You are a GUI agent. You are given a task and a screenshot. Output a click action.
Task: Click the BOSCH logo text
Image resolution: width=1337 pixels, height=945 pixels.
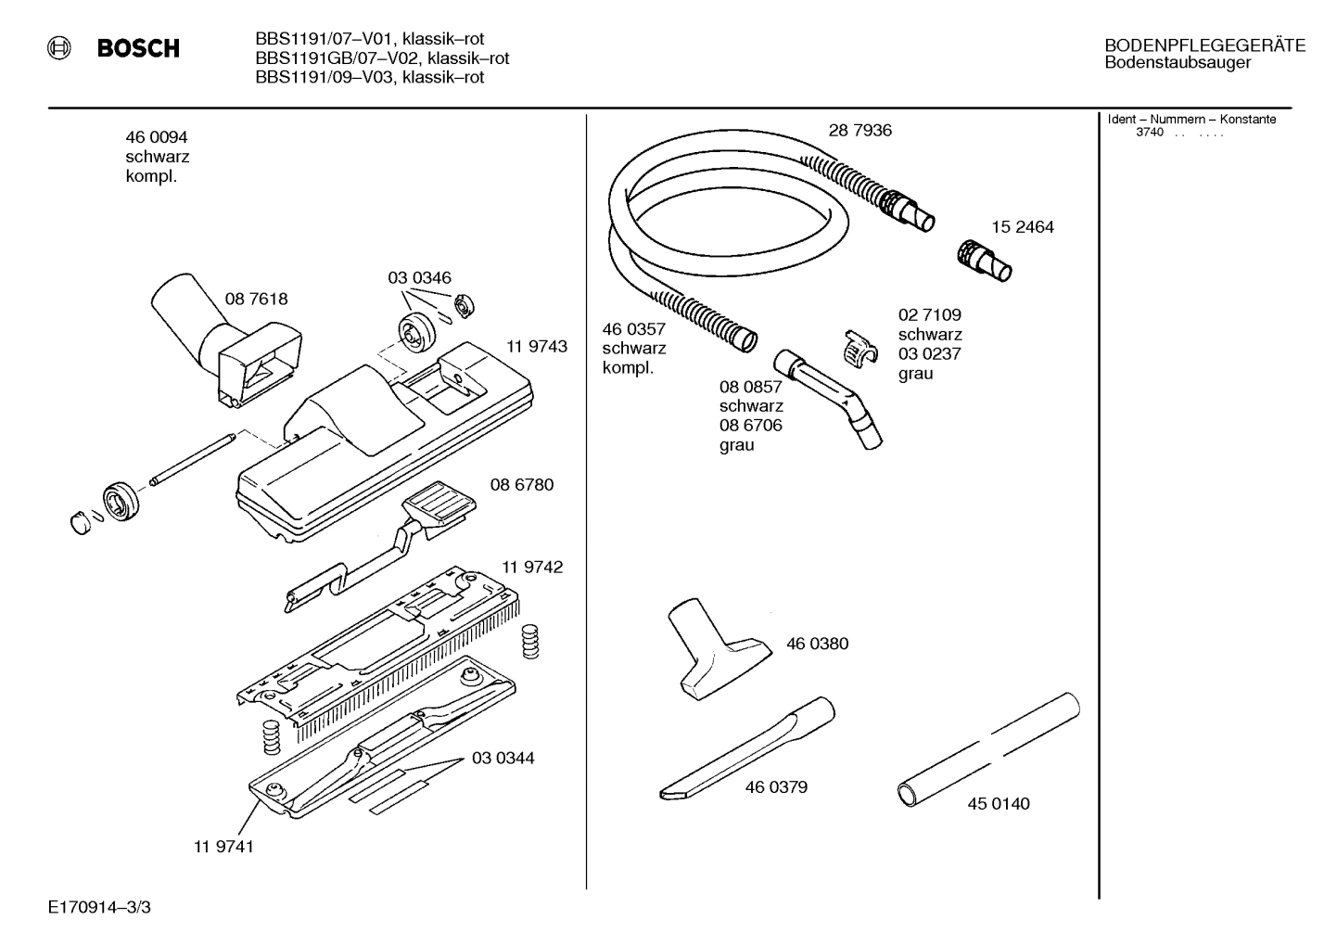[138, 48]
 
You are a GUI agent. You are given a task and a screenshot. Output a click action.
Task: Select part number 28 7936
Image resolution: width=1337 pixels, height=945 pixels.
[859, 131]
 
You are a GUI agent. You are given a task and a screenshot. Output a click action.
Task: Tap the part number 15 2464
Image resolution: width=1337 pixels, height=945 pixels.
[1022, 227]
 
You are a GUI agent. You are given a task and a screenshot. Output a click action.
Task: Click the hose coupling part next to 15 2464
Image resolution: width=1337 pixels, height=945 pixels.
[983, 259]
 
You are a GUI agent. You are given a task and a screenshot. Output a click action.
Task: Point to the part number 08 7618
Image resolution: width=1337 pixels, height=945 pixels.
[256, 299]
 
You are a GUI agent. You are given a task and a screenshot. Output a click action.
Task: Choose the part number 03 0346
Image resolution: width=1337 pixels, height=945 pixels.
[419, 278]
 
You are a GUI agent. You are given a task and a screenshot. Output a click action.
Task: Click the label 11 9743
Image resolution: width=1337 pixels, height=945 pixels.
[537, 347]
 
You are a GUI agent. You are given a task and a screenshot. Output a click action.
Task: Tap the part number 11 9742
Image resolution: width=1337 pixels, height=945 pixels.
[532, 567]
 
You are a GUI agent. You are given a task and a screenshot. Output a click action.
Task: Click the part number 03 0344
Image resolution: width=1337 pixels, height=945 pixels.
[503, 759]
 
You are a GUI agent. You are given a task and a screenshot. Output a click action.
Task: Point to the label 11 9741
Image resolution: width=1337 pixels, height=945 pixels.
[223, 846]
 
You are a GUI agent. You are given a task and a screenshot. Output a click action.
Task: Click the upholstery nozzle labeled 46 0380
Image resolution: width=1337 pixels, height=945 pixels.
[714, 649]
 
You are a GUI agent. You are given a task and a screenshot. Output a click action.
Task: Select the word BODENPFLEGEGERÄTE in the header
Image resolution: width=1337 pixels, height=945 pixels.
[1204, 45]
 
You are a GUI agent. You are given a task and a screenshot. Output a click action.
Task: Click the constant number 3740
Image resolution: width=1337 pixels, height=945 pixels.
[1149, 133]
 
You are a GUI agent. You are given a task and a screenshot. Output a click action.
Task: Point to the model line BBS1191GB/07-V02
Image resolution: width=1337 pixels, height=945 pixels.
[382, 58]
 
